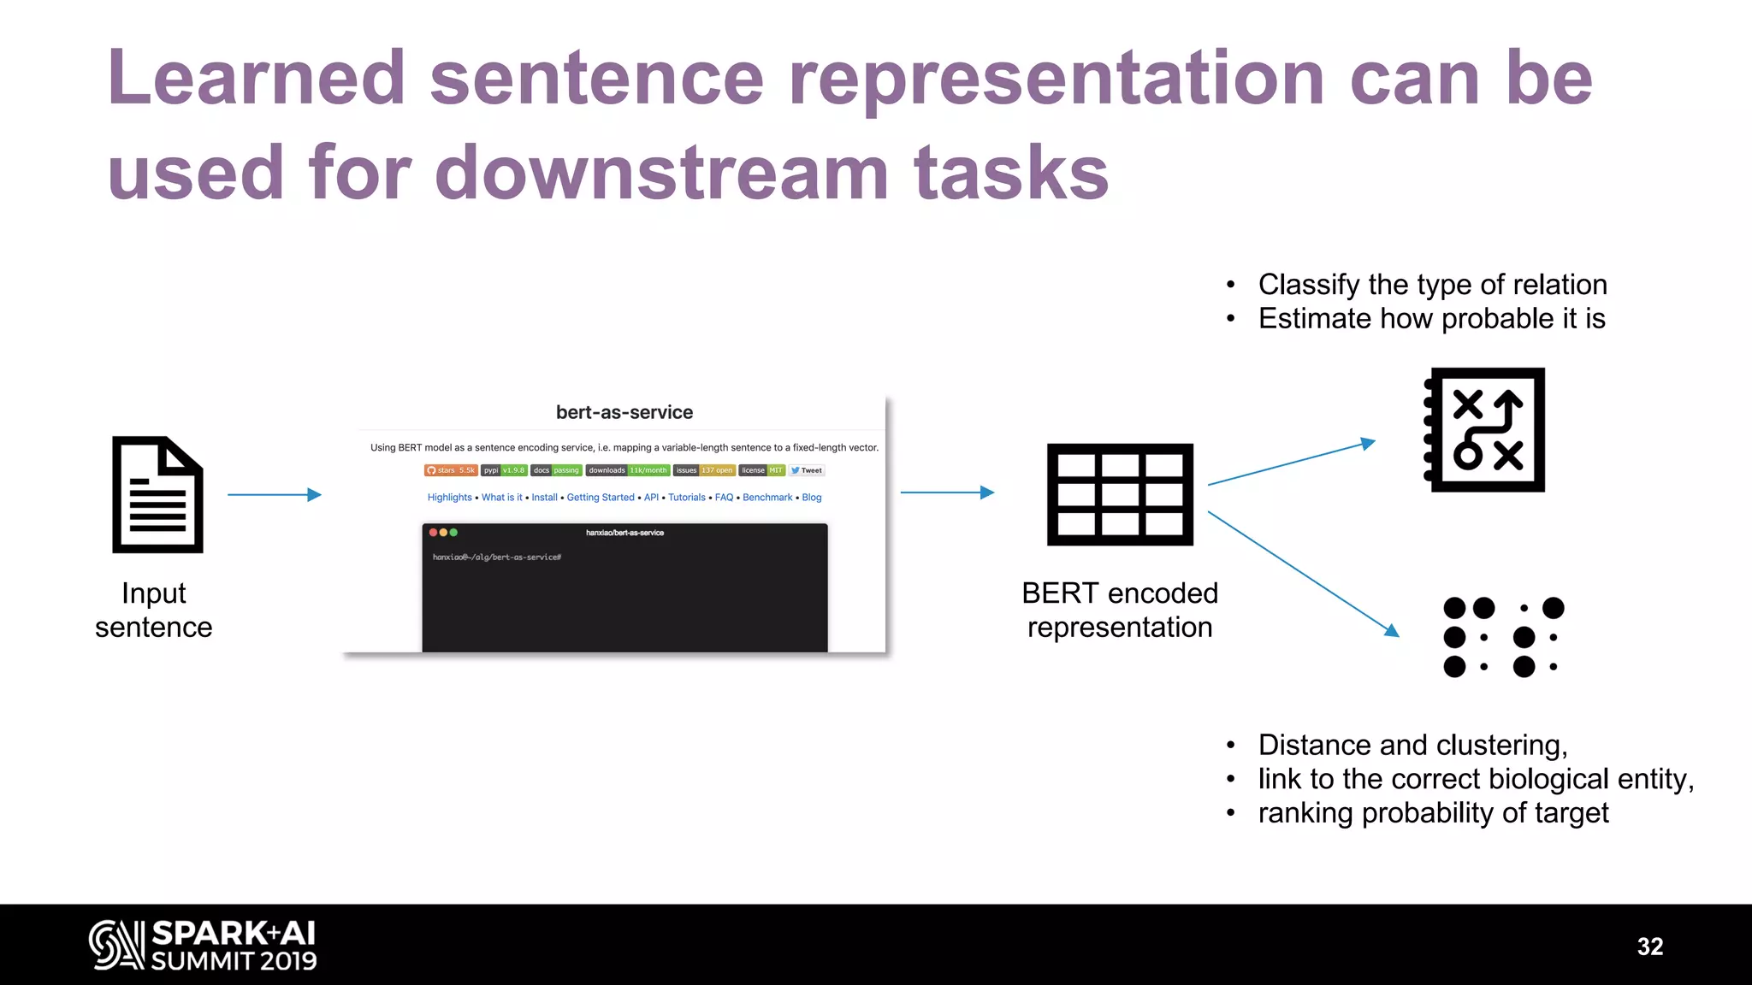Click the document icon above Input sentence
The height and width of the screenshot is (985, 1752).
click(157, 494)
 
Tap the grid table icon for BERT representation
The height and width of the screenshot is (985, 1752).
click(1120, 494)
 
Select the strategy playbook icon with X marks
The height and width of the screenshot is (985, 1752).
click(1485, 430)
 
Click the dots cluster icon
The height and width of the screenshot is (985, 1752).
click(1503, 637)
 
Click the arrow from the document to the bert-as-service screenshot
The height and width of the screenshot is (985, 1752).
click(274, 494)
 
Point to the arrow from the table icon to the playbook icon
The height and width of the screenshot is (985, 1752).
click(1291, 463)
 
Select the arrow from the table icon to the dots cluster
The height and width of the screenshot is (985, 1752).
click(1302, 573)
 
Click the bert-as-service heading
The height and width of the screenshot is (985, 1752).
click(624, 412)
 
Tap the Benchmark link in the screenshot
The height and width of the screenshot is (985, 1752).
click(767, 498)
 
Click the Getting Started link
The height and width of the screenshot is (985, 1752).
click(601, 498)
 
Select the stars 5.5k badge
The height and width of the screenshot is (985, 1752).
click(451, 470)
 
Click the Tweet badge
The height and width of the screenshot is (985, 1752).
click(807, 470)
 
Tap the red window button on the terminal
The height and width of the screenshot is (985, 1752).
click(434, 533)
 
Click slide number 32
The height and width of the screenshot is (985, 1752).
click(1649, 947)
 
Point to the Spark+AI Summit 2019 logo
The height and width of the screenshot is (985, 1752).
click(204, 946)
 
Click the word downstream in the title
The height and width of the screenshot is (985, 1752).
click(661, 173)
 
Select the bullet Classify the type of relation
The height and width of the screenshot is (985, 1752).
click(1432, 285)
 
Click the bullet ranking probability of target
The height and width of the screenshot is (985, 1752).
click(1433, 813)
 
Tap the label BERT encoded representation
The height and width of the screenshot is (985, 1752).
click(1120, 610)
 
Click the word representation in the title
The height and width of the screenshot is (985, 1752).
click(1057, 79)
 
